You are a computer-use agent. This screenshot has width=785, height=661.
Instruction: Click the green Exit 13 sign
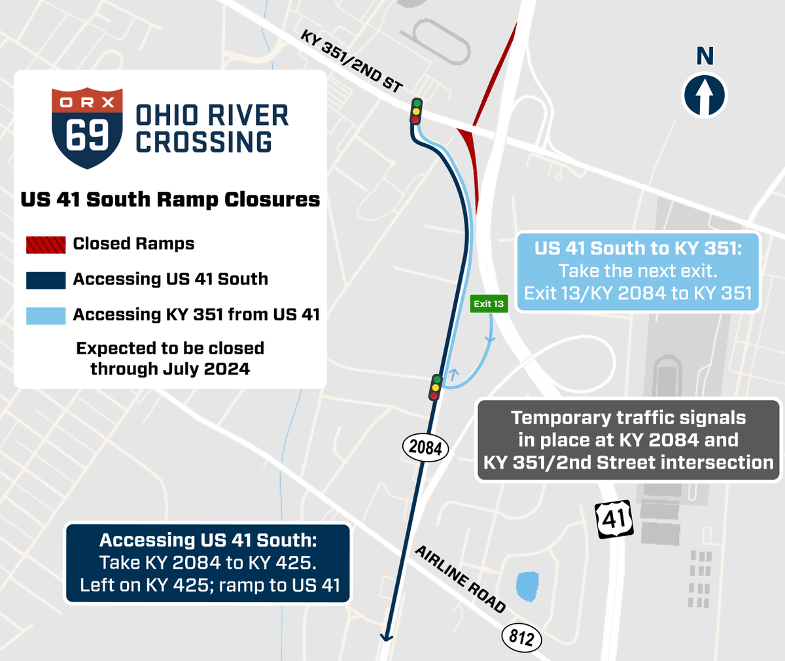click(x=489, y=303)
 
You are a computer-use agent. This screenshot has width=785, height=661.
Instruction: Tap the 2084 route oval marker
click(x=425, y=448)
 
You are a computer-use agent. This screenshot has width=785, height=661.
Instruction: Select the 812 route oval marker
click(x=521, y=637)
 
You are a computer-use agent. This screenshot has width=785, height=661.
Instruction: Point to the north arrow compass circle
click(x=705, y=95)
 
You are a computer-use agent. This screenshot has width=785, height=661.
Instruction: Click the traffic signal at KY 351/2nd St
click(x=415, y=110)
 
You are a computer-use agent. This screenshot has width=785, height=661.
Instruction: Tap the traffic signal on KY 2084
click(x=435, y=387)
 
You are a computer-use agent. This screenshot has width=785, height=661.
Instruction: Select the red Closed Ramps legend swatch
click(x=46, y=245)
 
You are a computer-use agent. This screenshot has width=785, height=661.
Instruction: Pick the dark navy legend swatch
click(x=46, y=280)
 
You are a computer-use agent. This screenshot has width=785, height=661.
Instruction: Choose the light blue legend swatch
click(x=46, y=315)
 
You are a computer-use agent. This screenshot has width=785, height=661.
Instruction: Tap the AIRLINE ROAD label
click(x=461, y=579)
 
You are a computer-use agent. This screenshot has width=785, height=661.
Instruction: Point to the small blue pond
click(x=527, y=586)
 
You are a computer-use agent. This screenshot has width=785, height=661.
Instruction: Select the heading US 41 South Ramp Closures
click(x=170, y=199)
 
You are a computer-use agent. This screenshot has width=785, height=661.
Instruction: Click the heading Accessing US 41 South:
click(x=208, y=540)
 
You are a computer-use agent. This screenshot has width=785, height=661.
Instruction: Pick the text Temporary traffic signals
click(x=628, y=418)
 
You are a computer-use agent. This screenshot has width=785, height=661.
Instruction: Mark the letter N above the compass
click(x=705, y=57)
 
